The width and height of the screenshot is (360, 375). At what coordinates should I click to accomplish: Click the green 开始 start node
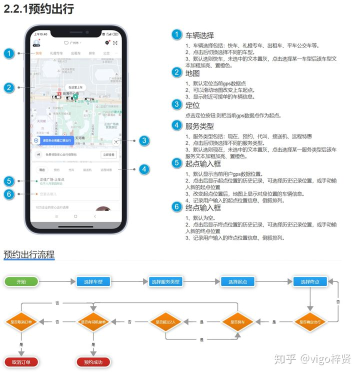[21, 281]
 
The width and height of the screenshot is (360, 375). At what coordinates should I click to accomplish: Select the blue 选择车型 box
[93, 281]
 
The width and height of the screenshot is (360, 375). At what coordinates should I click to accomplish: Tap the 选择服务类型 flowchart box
[165, 281]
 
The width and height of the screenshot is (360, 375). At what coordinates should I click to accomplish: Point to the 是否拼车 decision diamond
[237, 321]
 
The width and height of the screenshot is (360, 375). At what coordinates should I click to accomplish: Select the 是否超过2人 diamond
[165, 321]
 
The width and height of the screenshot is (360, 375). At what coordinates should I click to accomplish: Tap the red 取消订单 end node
[21, 362]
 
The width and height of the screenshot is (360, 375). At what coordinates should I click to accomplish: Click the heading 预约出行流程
[29, 254]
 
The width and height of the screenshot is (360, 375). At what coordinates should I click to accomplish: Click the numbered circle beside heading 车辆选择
[176, 35]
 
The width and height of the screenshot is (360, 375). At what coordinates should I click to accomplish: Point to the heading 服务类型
[199, 125]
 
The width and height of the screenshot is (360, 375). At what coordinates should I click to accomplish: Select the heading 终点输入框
[203, 207]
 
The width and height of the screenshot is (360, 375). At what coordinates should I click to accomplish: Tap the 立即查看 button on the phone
[108, 155]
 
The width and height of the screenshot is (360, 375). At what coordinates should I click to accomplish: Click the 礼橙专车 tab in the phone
[56, 53]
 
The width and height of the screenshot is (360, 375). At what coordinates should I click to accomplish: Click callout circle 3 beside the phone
[144, 140]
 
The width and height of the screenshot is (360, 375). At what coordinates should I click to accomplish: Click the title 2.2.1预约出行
[38, 9]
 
